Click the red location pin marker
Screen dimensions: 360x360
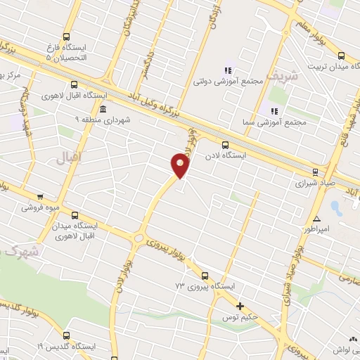coord(181,166)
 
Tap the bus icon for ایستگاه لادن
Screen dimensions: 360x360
coord(225,146)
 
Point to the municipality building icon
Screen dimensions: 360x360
coord(103,109)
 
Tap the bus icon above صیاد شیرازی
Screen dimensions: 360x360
coord(315,169)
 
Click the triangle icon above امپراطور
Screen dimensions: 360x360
coord(317,217)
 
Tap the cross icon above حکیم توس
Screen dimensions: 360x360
coord(240,307)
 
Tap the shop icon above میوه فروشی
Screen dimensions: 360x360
coord(40,197)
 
